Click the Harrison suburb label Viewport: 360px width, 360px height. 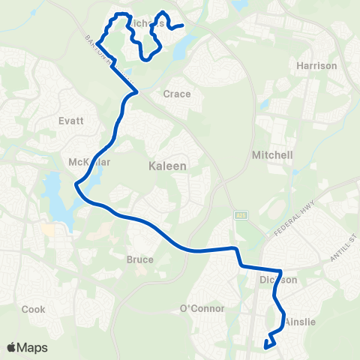(316, 66)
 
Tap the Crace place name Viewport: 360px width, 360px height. (177, 94)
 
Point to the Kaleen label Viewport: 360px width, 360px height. (165, 165)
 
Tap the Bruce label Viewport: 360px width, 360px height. (140, 259)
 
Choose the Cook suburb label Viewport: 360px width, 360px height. (33, 309)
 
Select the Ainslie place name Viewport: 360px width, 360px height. (300, 322)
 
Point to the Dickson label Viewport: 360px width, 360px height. (279, 280)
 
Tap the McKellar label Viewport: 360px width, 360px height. (89, 162)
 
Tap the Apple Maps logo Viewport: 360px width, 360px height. (27, 347)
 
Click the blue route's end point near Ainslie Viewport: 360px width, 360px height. (266, 345)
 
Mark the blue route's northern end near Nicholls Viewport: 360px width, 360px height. (182, 25)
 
